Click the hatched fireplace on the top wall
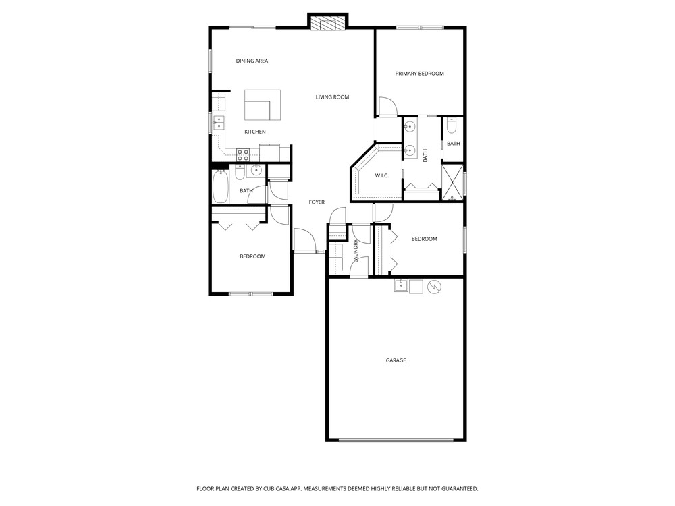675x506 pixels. coord(328,23)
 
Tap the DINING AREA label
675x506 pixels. coord(252,61)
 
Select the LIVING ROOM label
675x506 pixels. coord(332,97)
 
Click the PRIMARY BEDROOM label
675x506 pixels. coord(419,74)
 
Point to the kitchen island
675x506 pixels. coord(263,105)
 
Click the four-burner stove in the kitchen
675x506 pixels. coord(243,154)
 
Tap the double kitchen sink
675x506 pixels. coord(219,123)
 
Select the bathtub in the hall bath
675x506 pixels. coord(221,187)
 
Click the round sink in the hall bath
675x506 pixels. coord(256,170)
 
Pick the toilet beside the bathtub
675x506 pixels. coord(240,172)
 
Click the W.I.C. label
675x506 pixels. coord(381,175)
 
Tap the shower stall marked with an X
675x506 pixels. coord(453,183)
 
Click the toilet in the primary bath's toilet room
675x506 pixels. coord(451,126)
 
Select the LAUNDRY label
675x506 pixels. coord(356,251)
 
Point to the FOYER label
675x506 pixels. coord(317,202)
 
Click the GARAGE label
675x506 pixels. coord(396,360)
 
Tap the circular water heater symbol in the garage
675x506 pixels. coord(434,286)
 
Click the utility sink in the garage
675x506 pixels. coord(401,286)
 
